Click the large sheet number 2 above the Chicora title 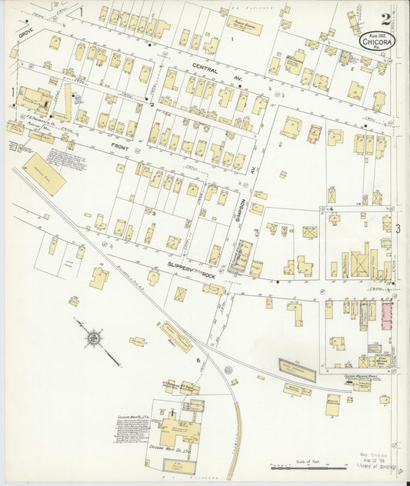coord(385,18)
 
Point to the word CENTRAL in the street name coord(205,68)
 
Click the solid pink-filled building coord(385,315)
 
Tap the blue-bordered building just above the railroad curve coord(296,367)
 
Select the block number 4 coord(331,209)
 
